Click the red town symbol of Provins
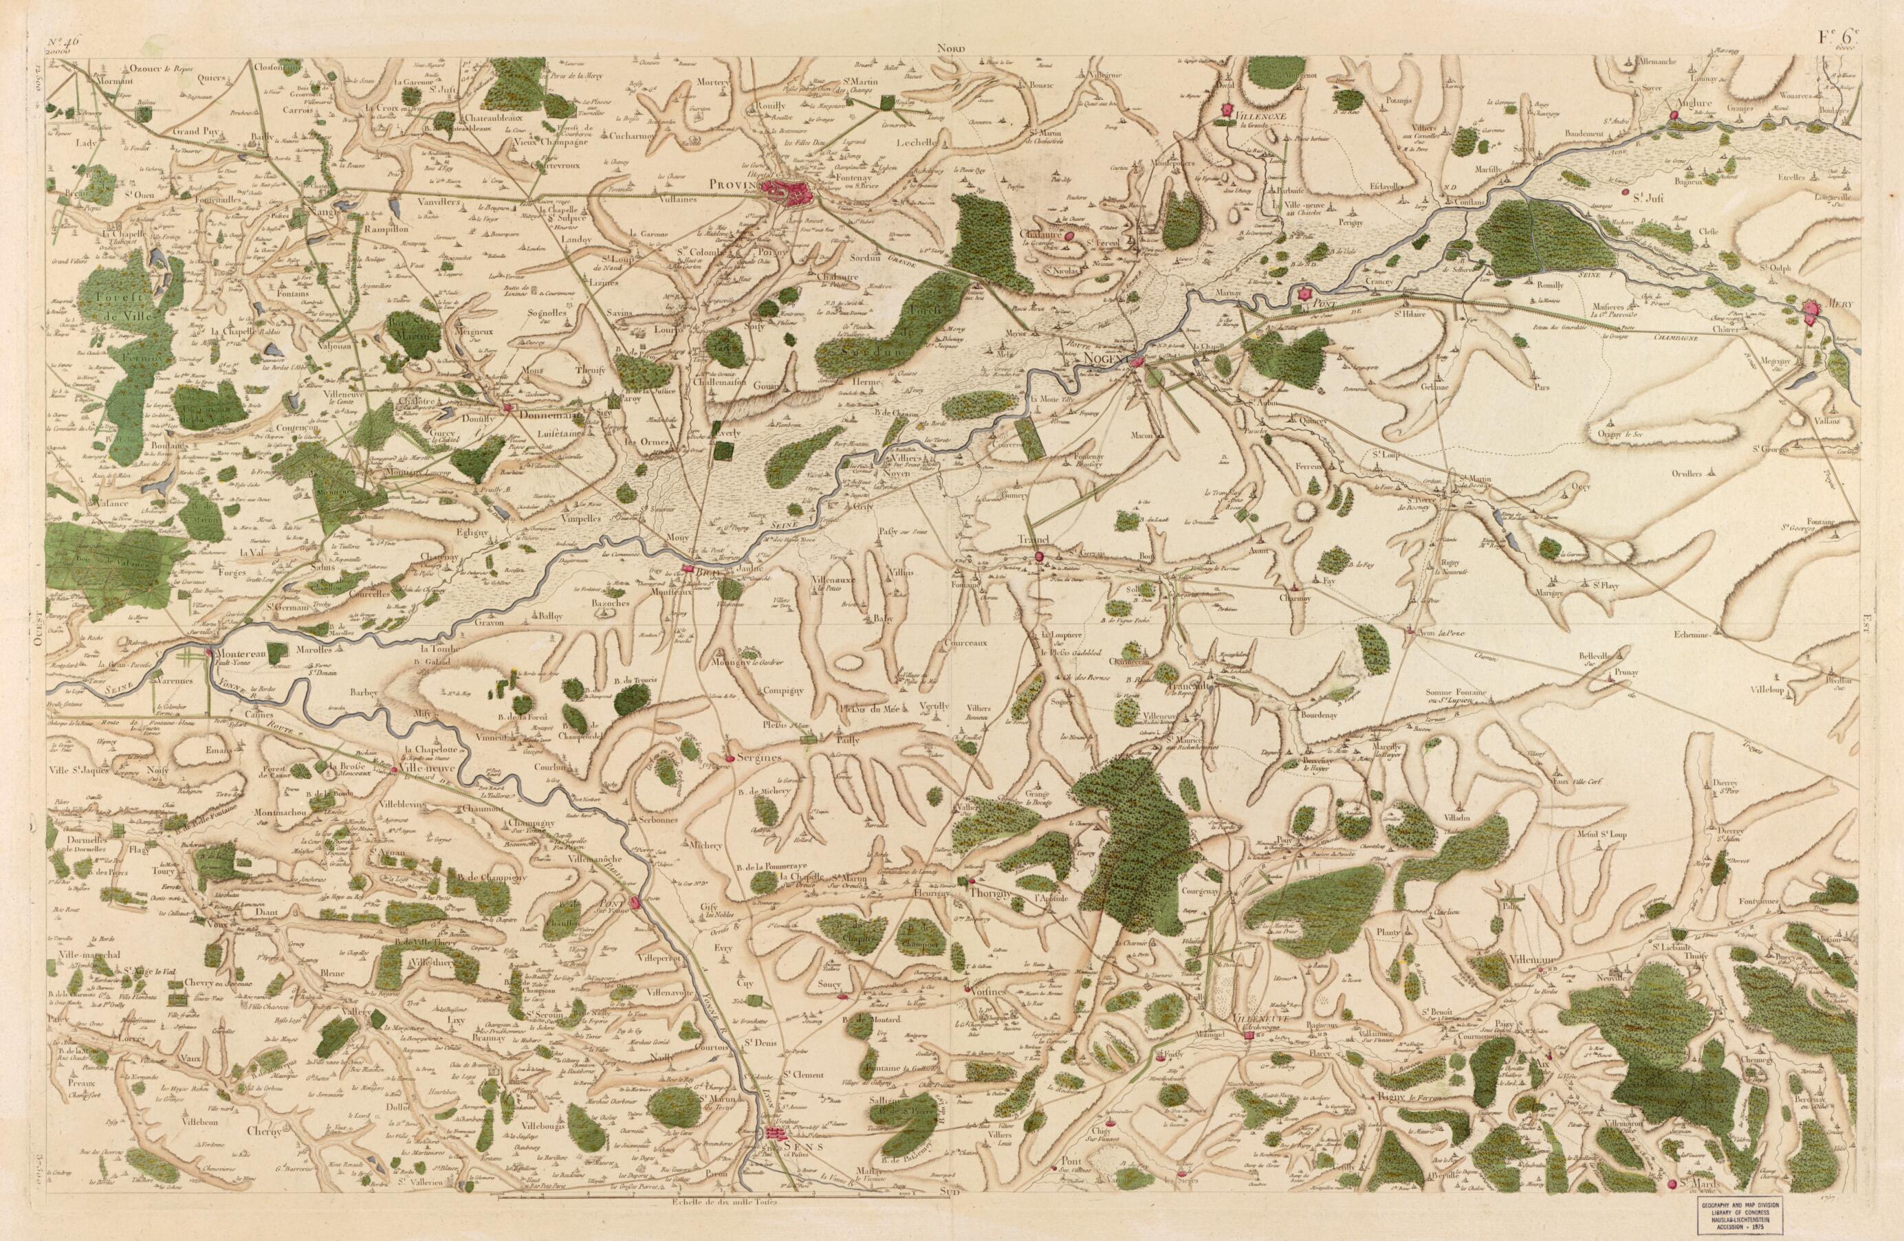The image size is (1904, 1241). [x=788, y=192]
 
